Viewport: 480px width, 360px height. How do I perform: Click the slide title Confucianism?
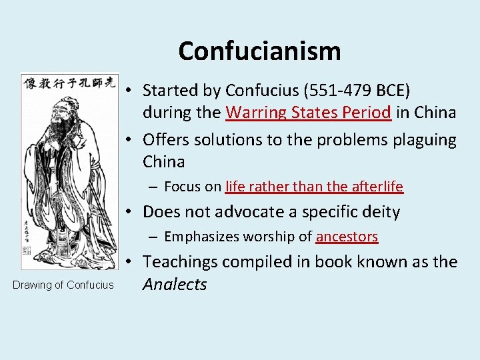[x=259, y=51]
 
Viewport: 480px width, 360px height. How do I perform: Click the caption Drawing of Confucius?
[x=64, y=285]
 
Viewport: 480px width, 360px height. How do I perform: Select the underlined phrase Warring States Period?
[x=308, y=112]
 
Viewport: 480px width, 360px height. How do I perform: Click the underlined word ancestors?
[x=347, y=237]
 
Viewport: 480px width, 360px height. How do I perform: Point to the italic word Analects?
[x=175, y=285]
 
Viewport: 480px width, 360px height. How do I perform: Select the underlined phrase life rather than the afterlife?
[x=314, y=187]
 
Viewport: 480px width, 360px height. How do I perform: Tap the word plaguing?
[x=420, y=140]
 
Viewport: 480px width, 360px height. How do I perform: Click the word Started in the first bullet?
[x=170, y=90]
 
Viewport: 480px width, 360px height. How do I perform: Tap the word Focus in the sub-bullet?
[x=181, y=187]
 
